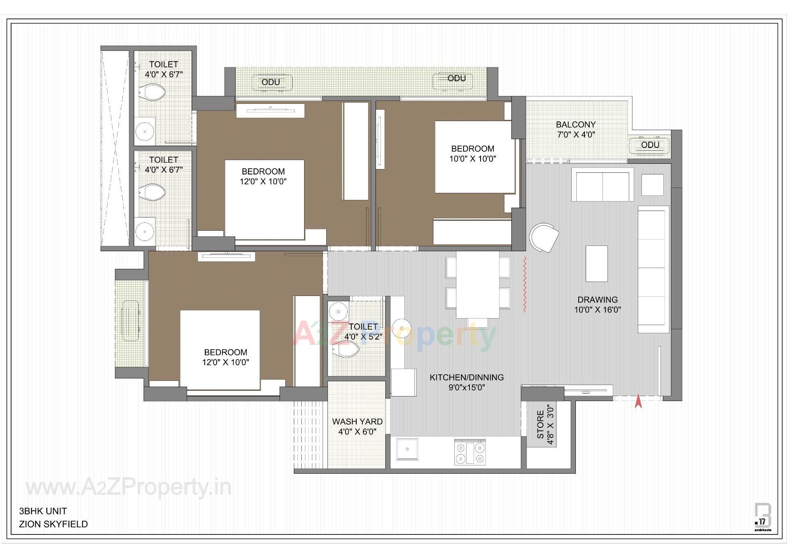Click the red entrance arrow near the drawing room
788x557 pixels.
click(x=638, y=401)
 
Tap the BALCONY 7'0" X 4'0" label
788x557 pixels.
click(x=576, y=129)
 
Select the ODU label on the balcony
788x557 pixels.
click(x=650, y=145)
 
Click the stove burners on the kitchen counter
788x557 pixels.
click(x=470, y=453)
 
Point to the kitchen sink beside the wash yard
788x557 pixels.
click(x=407, y=449)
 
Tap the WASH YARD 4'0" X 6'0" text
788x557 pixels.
click(x=357, y=426)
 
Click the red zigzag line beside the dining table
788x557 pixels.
click(x=525, y=284)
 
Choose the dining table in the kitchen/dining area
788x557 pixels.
click(x=478, y=284)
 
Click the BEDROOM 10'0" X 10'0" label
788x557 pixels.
click(x=472, y=154)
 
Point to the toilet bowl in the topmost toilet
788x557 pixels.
click(x=152, y=92)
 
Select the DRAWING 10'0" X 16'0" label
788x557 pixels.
click(x=597, y=305)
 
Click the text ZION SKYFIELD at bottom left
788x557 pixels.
click(x=53, y=524)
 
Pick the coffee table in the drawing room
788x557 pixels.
click(x=596, y=264)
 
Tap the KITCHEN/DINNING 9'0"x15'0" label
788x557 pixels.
click(x=467, y=382)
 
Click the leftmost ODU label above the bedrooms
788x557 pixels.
click(x=271, y=82)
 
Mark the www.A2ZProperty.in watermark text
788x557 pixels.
click(x=128, y=488)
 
